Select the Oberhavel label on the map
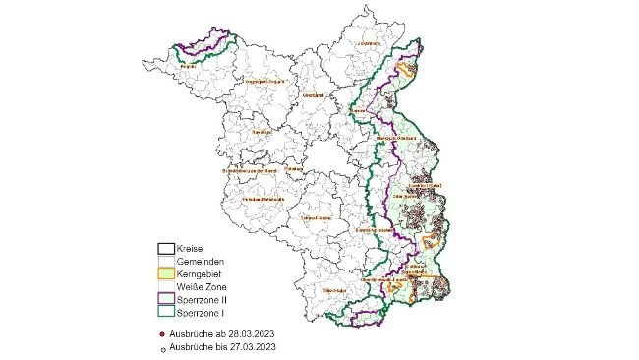click(x=314, y=95)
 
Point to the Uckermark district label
click(x=369, y=44)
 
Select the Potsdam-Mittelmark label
click(x=262, y=198)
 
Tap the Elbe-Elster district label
click(x=334, y=291)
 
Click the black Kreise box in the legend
click(x=166, y=250)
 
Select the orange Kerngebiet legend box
click(x=166, y=272)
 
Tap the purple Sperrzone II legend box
click(x=166, y=297)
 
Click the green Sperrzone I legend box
click(x=166, y=310)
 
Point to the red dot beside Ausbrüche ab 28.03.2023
click(x=161, y=335)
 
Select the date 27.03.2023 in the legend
click(x=252, y=347)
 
